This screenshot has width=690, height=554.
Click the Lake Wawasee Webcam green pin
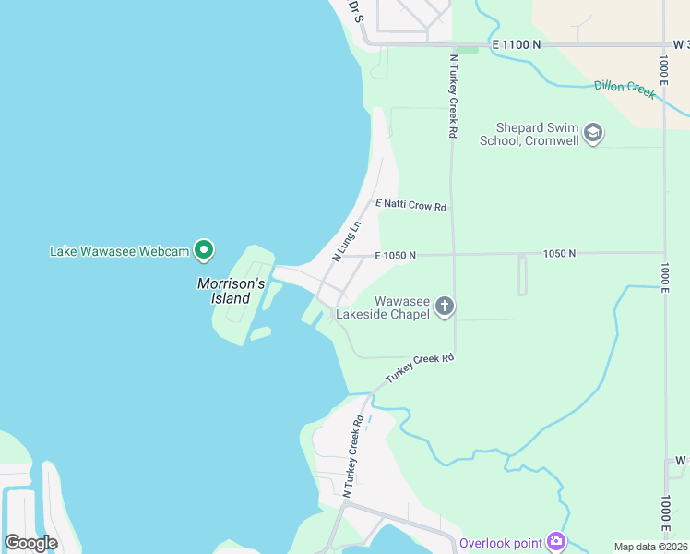205,250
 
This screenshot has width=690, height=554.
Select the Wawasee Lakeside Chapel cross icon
445,307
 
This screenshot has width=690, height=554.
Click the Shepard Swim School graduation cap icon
593,134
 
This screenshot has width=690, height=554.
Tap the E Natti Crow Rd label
410,206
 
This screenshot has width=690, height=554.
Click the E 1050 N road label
396,255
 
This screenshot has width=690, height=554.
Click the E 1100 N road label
517,43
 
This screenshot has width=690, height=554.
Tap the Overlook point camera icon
555,541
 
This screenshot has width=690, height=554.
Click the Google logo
30,543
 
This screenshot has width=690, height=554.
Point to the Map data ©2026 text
649,547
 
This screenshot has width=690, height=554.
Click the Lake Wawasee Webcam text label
119,251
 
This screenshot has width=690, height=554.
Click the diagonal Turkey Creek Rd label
421,369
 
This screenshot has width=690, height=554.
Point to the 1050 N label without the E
559,254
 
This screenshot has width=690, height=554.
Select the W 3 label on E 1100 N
681,43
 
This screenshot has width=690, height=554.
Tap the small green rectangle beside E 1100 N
467,49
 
